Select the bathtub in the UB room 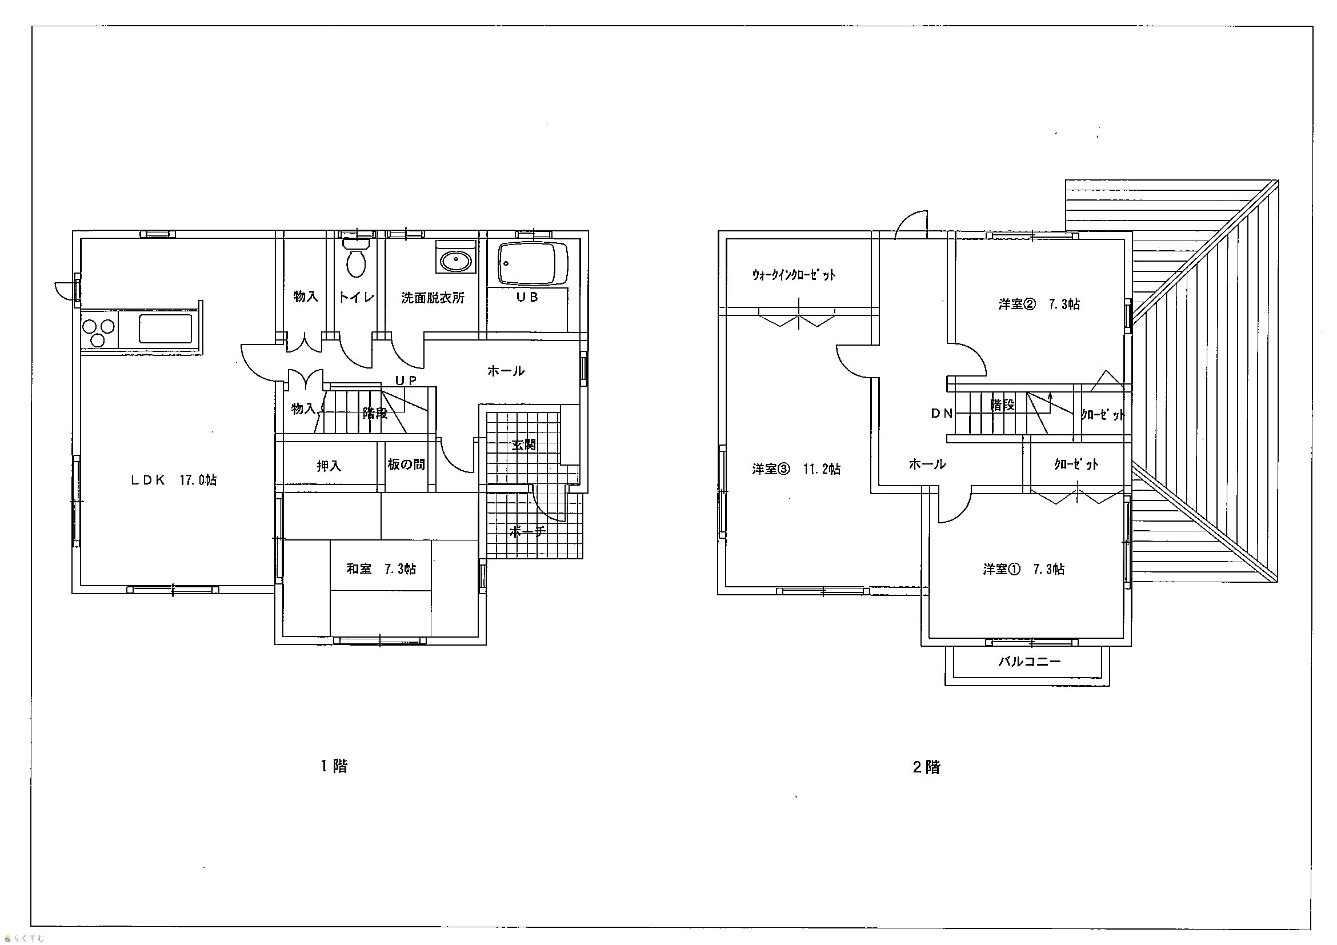[x=534, y=264]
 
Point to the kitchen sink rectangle [x=165, y=329]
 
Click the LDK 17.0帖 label [x=173, y=480]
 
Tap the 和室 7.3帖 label [x=382, y=568]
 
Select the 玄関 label [x=523, y=445]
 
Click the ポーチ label [x=527, y=531]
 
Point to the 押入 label [x=329, y=466]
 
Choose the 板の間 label [x=406, y=464]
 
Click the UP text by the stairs [x=406, y=380]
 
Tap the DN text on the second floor [x=942, y=414]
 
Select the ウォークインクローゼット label [x=794, y=275]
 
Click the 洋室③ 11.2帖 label [x=796, y=469]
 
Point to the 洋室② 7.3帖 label [x=1039, y=304]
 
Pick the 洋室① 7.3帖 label [x=1024, y=569]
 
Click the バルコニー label [x=1030, y=662]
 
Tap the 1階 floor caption [x=334, y=766]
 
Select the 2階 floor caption [x=926, y=767]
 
